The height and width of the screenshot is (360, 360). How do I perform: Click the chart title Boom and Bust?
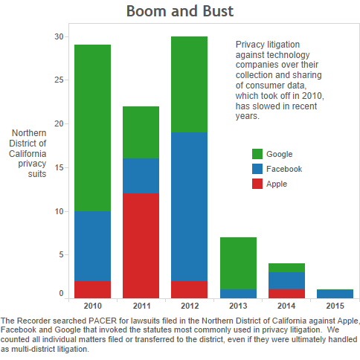click(180, 11)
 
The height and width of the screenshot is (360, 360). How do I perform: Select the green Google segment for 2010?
click(92, 128)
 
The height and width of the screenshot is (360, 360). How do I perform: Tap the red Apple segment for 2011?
click(141, 245)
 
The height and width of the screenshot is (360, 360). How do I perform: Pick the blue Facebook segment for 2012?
click(189, 207)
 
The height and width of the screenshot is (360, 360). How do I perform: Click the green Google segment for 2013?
click(238, 263)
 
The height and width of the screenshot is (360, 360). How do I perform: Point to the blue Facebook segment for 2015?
click(335, 294)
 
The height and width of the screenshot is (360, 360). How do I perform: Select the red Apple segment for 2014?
click(286, 294)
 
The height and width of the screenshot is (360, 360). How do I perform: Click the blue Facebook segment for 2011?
click(141, 176)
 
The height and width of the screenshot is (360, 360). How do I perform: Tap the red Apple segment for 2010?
click(92, 289)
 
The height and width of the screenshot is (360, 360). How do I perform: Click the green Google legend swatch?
click(257, 154)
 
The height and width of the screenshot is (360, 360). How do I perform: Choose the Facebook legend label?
click(284, 169)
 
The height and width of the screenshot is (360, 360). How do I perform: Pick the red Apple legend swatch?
click(257, 184)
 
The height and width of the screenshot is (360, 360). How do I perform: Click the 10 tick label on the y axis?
click(59, 211)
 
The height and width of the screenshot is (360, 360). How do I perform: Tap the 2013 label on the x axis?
click(238, 306)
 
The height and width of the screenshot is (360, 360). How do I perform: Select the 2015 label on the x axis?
click(335, 306)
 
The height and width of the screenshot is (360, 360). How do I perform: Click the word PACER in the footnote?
click(103, 321)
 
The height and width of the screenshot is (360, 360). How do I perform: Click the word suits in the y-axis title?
click(37, 174)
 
